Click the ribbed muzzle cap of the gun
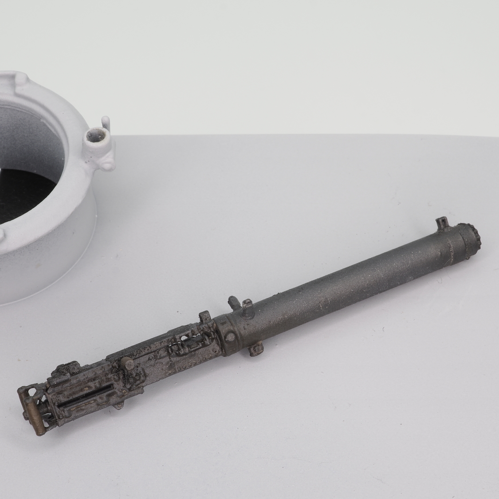(x=471, y=236)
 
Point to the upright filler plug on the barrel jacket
(x=246, y=305)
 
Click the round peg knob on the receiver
(x=128, y=365)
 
